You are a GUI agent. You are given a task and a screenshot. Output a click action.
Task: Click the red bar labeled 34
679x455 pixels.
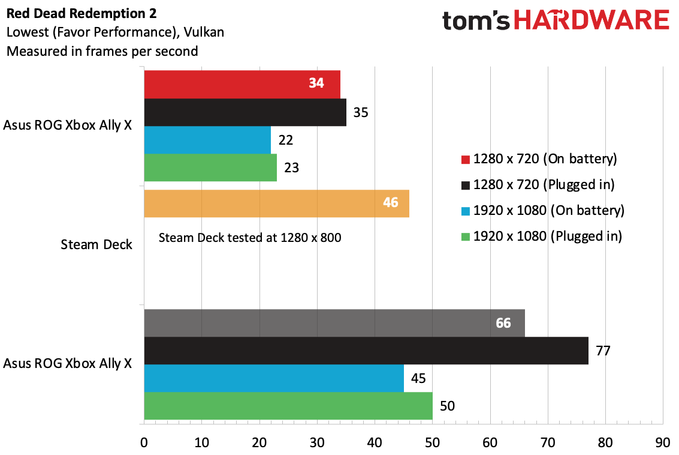242,84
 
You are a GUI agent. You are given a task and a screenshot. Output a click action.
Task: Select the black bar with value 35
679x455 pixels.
245,112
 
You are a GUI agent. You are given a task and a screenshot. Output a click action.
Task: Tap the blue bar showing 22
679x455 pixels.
207,140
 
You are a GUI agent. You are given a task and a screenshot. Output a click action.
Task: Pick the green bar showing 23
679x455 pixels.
210,167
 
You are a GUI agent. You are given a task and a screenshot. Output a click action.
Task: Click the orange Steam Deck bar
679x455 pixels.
276,203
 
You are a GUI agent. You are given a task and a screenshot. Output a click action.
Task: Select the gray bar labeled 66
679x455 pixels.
334,323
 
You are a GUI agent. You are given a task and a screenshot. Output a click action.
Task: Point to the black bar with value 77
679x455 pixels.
366,351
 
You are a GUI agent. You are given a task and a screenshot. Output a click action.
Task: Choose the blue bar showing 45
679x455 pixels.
274,378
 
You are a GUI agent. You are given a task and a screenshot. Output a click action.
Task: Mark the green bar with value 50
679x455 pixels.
288,406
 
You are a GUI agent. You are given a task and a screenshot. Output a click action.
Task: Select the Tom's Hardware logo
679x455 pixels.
556,21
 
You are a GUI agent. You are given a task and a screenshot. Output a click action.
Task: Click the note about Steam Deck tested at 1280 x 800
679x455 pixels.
249,238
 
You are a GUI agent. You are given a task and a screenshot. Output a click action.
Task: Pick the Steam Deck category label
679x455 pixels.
96,245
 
